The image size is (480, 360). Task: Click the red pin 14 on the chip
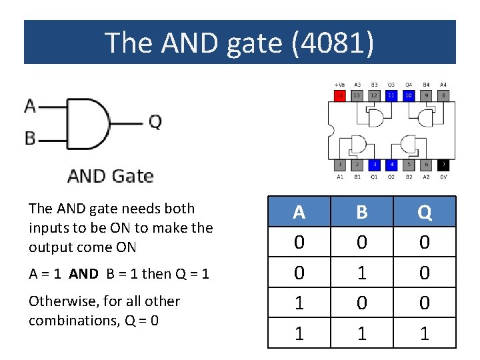(339, 96)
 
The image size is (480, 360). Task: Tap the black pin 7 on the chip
(443, 165)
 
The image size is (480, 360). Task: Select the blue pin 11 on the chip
(391, 96)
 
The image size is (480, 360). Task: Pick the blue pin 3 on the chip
(375, 165)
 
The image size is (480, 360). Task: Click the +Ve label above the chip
(339, 85)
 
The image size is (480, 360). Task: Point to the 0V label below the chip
(443, 177)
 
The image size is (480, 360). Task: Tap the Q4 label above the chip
(409, 85)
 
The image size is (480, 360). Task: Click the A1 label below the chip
(339, 177)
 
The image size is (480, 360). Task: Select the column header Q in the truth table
(425, 212)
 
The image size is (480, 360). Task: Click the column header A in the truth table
(299, 212)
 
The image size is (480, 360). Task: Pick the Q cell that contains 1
(425, 333)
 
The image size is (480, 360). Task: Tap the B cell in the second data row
(362, 272)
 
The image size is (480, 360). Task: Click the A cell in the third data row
(299, 303)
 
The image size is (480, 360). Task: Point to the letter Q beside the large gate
(155, 122)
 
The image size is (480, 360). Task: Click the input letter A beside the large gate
(30, 105)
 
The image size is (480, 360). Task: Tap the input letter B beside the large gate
(30, 138)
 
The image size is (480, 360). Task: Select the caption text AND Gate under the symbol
(111, 176)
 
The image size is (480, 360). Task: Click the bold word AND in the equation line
(83, 274)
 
